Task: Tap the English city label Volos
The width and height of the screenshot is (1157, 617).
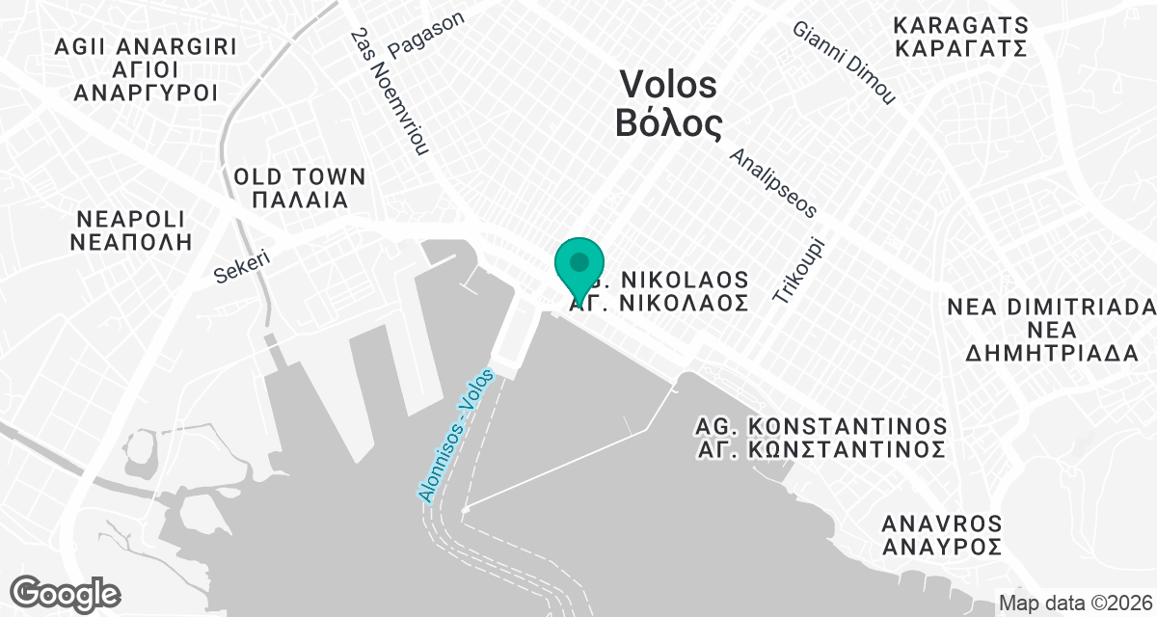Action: tap(668, 85)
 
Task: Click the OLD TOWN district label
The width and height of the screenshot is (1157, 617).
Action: tap(300, 177)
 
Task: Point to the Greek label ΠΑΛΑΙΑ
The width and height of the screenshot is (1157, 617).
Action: tap(300, 201)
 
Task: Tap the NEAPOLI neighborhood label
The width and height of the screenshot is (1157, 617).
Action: tap(132, 218)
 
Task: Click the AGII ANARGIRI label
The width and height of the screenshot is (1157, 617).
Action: tap(146, 46)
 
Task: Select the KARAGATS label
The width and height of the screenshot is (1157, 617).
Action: tap(961, 25)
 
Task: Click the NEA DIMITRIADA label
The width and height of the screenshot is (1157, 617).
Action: tap(1050, 307)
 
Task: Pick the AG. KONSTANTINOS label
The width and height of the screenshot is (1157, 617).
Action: tap(821, 426)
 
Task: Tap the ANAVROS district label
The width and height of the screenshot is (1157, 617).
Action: tap(942, 524)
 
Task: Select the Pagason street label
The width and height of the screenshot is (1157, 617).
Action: tap(426, 35)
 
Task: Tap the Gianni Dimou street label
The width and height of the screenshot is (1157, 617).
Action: tap(845, 62)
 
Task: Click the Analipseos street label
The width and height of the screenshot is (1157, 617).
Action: tap(773, 182)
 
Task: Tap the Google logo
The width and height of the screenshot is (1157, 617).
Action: tap(66, 593)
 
